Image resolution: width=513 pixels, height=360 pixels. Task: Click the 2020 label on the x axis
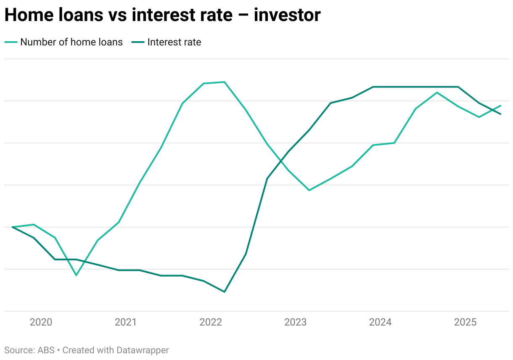[x=41, y=323]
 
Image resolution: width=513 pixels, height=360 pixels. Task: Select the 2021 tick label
[x=126, y=323]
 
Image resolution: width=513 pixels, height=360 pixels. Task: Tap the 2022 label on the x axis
[x=211, y=323]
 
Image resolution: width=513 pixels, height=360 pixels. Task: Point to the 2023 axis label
[x=296, y=323]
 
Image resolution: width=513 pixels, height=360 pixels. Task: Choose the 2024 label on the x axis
[x=380, y=323]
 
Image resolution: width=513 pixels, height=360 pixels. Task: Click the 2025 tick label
[x=465, y=323]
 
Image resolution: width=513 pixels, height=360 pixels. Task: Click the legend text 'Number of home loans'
[x=71, y=42]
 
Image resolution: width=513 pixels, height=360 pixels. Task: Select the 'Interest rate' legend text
[x=174, y=42]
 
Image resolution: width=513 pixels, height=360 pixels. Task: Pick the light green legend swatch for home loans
[x=11, y=42]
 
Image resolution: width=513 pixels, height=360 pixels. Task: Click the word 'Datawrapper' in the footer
[x=142, y=350]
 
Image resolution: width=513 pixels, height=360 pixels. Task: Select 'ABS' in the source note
[x=46, y=350]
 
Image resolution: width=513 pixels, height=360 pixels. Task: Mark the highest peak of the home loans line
[x=224, y=82]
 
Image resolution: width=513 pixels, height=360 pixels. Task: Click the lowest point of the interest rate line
[x=225, y=292]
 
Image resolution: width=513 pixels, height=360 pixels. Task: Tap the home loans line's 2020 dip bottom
[x=76, y=275]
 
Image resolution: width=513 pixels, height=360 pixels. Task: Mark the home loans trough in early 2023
[x=309, y=191]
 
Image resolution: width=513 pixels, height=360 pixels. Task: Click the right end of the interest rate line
[x=500, y=114]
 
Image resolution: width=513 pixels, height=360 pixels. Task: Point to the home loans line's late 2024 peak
[x=437, y=93]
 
